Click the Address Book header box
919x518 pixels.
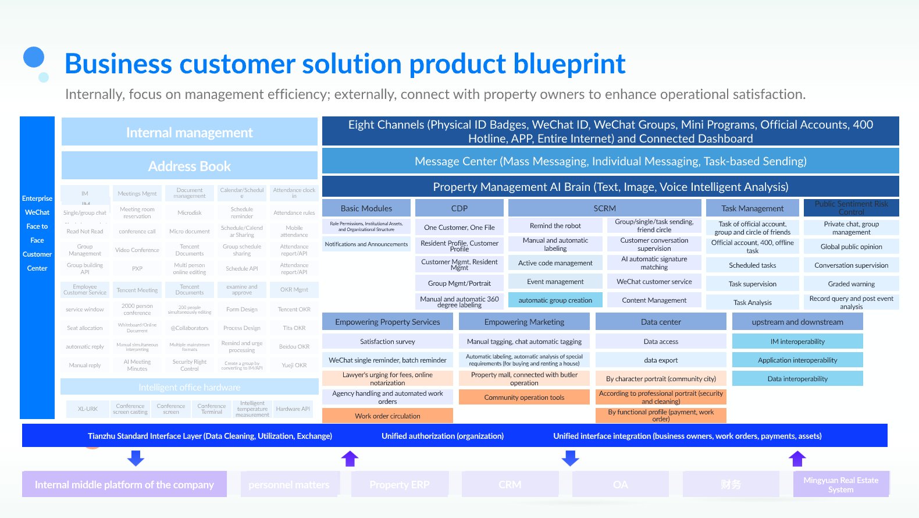(190, 166)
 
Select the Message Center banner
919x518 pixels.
(610, 161)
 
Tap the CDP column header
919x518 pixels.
(459, 208)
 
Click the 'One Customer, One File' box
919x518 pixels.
(459, 227)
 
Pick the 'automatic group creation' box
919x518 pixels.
(555, 300)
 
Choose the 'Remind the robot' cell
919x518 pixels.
(555, 226)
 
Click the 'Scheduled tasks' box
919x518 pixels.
(752, 265)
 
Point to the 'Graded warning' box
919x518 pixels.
(851, 284)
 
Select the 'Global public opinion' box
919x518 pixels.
(851, 247)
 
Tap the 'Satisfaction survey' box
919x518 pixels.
(387, 342)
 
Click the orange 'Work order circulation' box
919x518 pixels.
(387, 416)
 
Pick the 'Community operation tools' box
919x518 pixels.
(524, 398)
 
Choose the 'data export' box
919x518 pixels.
(661, 360)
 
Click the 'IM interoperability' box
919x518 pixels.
(797, 342)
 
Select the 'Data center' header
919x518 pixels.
(661, 322)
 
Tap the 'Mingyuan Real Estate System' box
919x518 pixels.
(841, 484)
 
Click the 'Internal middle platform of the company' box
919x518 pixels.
(124, 484)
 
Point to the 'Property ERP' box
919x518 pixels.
(400, 484)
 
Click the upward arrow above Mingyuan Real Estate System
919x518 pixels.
(797, 459)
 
